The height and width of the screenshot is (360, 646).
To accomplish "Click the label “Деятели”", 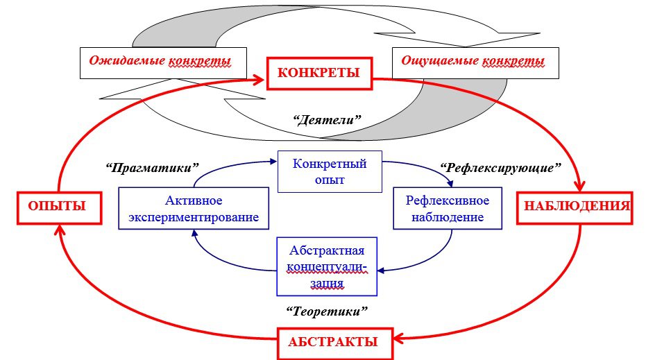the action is click(x=327, y=120).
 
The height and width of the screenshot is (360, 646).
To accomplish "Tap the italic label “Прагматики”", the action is click(x=152, y=168).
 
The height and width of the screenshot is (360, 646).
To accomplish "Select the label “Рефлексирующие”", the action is click(x=500, y=168).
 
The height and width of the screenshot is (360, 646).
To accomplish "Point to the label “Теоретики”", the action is click(x=327, y=311).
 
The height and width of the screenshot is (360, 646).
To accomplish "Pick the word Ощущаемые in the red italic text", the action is click(x=440, y=60).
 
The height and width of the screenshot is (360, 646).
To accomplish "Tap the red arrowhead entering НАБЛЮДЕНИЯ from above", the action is click(x=580, y=185).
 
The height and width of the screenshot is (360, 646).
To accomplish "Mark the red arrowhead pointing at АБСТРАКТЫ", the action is click(x=398, y=340).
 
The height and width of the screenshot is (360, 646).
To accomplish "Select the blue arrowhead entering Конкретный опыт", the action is click(x=273, y=162).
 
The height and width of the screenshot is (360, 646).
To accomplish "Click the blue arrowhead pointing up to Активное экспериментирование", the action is click(x=193, y=234).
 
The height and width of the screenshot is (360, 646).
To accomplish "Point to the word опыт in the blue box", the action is click(x=330, y=180).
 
